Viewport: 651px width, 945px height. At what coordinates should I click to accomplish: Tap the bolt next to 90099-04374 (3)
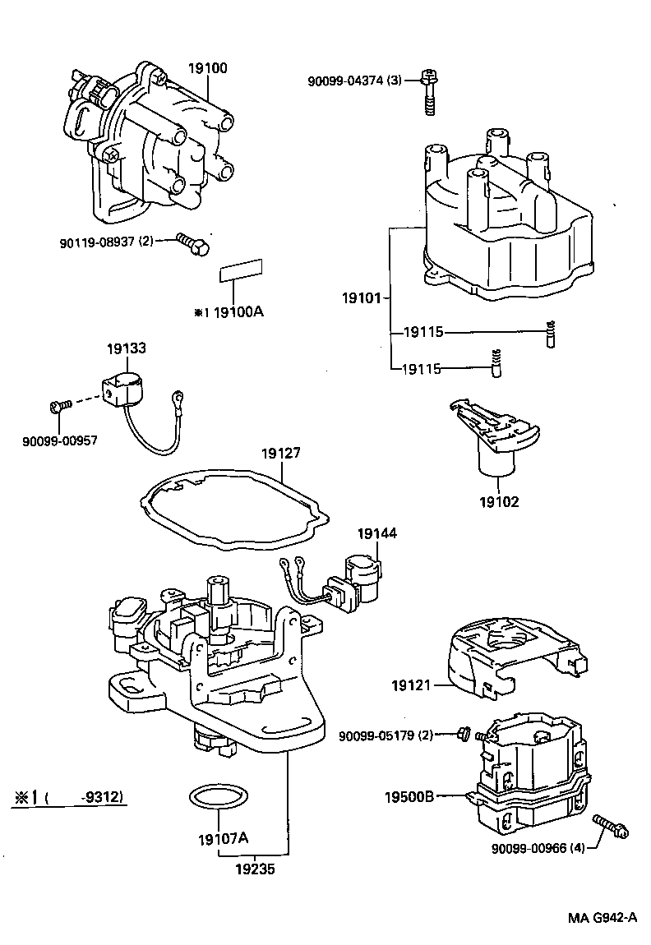tap(429, 92)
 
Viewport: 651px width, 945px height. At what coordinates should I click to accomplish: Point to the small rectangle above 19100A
tap(240, 270)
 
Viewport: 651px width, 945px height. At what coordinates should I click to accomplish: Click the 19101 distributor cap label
tap(362, 297)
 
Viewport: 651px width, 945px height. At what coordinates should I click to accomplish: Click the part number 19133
tap(126, 348)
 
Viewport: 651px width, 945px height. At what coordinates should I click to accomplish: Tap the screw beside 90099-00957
tap(59, 405)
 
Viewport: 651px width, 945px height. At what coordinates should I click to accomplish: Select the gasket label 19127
tap(281, 453)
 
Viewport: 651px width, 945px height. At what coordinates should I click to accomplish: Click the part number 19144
tap(376, 533)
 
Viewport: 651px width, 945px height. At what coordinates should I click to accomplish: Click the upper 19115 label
tap(423, 333)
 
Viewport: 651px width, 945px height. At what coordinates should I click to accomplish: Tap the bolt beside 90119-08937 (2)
tap(194, 243)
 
